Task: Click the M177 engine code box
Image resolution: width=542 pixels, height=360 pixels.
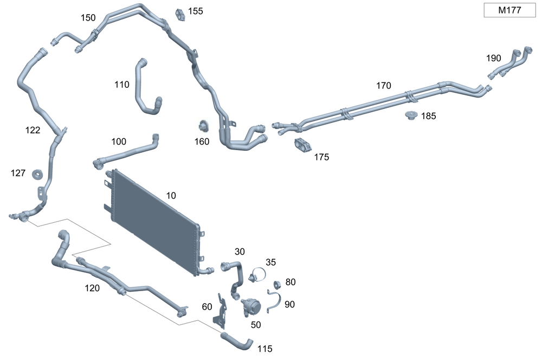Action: [x=509, y=10]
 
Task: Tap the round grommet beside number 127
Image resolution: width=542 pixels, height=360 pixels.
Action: [x=37, y=174]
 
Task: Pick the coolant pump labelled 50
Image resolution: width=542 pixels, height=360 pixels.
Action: [x=251, y=307]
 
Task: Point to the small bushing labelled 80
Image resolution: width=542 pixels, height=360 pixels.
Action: [x=277, y=285]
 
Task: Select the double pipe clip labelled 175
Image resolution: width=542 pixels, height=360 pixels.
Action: [x=303, y=145]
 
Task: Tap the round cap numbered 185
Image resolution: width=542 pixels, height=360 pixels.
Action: [x=411, y=115]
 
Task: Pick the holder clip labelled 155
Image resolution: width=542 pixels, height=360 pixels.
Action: [x=180, y=15]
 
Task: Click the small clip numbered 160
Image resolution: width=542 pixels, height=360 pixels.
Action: [x=204, y=126]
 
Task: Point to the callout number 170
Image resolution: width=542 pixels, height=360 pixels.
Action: [x=383, y=86]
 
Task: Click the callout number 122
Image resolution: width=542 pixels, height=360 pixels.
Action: [x=33, y=130]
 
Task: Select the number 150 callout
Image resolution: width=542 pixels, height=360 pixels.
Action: [x=88, y=18]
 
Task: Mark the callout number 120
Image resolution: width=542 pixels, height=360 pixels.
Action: [x=92, y=288]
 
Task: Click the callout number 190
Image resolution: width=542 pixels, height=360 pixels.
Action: [x=493, y=58]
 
